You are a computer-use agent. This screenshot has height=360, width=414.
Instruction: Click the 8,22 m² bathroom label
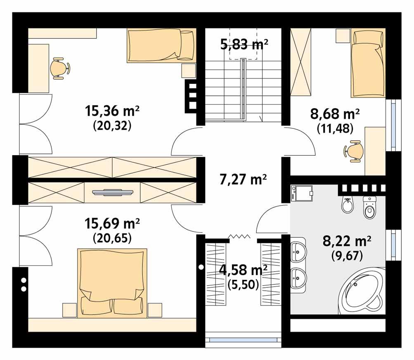[347, 241]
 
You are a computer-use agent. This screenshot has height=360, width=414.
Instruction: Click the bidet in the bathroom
[348, 205]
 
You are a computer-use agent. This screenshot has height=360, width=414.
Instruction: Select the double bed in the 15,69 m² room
[112, 283]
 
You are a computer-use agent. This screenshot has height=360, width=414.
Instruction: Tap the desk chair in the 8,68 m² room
[354, 151]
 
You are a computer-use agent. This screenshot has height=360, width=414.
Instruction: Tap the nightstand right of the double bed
[155, 310]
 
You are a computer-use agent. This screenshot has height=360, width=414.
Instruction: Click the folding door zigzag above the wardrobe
[239, 237]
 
